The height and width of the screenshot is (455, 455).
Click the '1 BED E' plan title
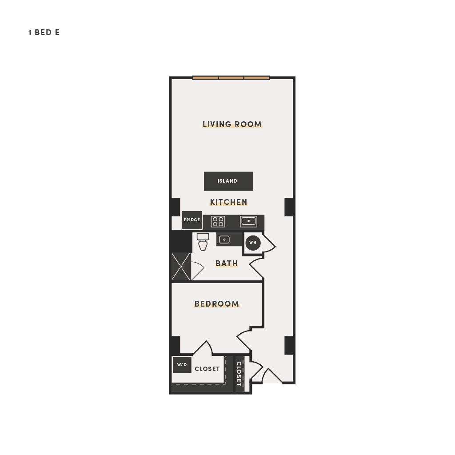44,32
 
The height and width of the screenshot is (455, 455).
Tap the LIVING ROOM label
232,124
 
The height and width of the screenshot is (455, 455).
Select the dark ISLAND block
229,181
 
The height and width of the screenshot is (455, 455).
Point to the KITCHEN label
229,202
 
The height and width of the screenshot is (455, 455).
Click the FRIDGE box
192,220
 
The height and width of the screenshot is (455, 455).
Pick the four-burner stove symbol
218,222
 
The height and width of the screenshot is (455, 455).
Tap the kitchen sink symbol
248,221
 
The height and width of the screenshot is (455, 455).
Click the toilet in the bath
203,241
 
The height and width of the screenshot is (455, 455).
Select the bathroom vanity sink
224,239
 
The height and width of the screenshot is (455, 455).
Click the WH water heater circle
253,243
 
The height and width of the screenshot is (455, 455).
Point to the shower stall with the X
181,267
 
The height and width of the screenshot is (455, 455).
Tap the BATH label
227,263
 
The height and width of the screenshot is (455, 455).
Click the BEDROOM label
217,304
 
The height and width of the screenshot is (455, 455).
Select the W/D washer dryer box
182,365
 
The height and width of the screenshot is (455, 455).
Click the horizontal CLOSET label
207,369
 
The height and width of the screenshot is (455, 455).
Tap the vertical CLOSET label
239,374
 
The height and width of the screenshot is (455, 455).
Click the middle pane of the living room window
231,78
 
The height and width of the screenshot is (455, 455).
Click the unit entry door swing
272,376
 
